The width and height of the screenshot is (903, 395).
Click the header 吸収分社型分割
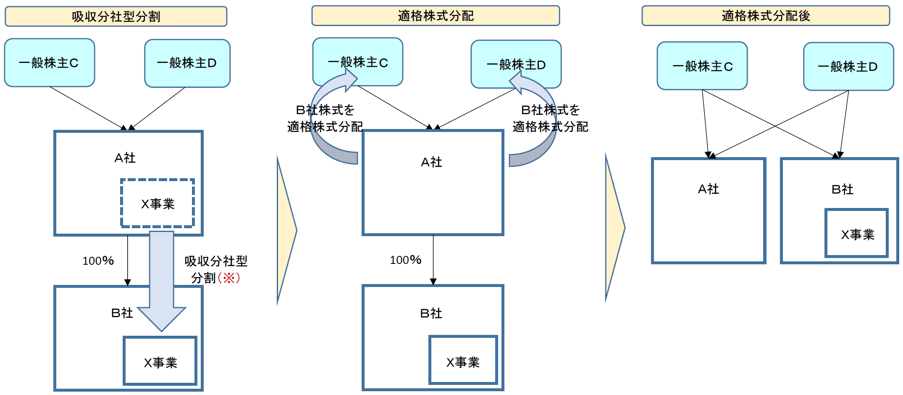coord(116,16)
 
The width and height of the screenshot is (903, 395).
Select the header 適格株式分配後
coord(765,16)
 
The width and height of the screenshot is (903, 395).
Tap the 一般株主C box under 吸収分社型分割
coord(50,63)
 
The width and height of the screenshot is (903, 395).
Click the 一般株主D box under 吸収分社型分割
coord(187,63)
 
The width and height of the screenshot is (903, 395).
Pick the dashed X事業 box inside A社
coord(157,203)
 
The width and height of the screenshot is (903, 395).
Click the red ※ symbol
coord(229,278)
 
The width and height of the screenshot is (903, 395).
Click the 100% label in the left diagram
coord(98,261)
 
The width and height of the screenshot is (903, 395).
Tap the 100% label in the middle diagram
coord(406,260)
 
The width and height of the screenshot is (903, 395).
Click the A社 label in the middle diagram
coord(431,162)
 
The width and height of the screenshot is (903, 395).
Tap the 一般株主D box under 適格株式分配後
coord(848,66)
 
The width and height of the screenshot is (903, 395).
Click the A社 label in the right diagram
coord(708,189)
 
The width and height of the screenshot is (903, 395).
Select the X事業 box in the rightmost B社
coord(857,233)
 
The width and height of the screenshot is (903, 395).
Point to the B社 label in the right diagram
coord(842,190)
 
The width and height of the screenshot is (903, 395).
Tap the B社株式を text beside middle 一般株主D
coord(550,110)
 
